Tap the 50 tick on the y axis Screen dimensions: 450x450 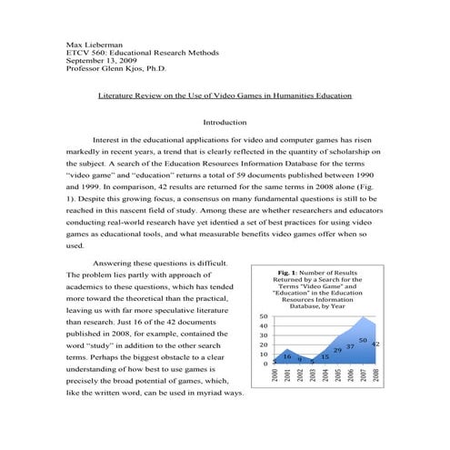[264, 316]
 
